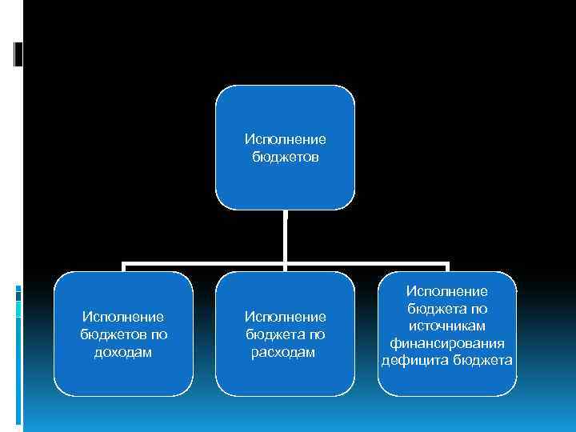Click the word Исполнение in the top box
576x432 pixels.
coord(285,140)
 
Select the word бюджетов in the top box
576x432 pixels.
coord(285,157)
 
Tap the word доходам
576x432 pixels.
coord(123,352)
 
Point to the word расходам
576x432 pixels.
coord(285,352)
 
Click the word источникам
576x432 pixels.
coord(446,326)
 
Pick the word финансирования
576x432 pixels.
coord(446,343)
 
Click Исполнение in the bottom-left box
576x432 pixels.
coord(123,318)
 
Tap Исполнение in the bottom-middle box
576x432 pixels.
coord(285,318)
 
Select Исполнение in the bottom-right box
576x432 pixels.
coord(446,292)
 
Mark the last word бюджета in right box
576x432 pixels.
coord(482,360)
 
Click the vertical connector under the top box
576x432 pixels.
coord(286,236)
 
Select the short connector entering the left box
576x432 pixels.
coord(123,267)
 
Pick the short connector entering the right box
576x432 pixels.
coord(447,267)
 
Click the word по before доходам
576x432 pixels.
coord(158,334)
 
